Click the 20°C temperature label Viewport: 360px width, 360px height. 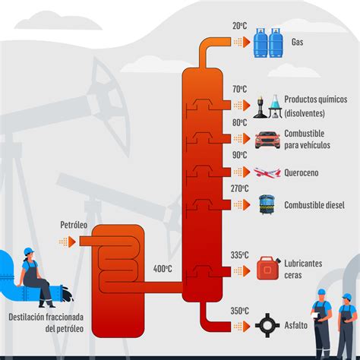[239, 26]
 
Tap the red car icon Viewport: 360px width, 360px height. [267, 140]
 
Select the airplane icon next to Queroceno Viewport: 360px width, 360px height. [267, 172]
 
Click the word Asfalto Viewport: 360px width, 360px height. [296, 325]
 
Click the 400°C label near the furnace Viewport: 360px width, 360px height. [163, 269]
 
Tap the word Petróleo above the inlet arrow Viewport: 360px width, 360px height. [74, 225]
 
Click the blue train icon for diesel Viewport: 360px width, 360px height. [267, 205]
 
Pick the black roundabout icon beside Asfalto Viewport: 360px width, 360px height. [267, 325]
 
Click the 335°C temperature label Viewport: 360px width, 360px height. [239, 255]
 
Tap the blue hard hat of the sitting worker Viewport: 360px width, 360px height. [29, 251]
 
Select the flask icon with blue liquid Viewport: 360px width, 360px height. [275, 106]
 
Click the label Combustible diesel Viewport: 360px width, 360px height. [314, 205]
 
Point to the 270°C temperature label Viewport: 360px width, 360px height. [239, 188]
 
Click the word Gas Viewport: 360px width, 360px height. [297, 42]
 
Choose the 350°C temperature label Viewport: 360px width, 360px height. [239, 311]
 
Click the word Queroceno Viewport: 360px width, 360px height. [302, 173]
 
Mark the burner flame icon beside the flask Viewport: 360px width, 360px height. [261, 107]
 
